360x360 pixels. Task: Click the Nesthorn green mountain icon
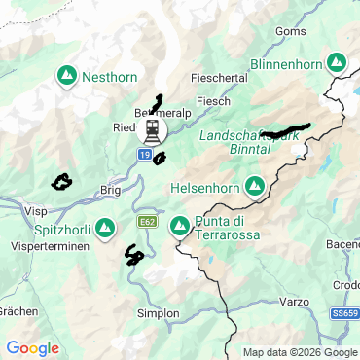point(67,75)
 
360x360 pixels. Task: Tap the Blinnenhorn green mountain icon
point(336,61)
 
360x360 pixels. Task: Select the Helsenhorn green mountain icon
point(254,185)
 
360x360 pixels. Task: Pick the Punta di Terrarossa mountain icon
point(179,227)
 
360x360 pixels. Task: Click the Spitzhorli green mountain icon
point(105,227)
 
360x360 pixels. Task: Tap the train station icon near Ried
point(152,129)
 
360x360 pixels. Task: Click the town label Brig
point(110,192)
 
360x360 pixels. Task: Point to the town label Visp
point(35,209)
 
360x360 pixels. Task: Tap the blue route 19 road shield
point(144,155)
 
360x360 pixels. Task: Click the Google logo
point(32,347)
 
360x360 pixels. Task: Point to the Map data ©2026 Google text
point(300,352)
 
